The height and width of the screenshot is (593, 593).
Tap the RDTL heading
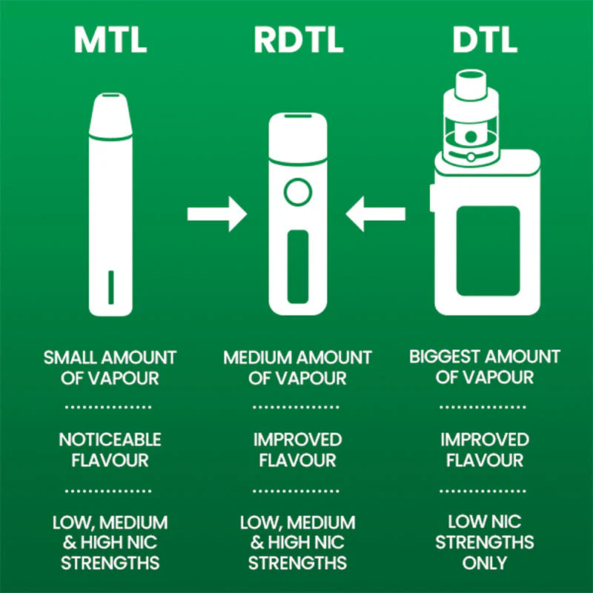(x=298, y=42)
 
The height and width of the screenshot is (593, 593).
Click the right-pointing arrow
(x=216, y=214)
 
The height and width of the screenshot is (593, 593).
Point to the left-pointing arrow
(x=378, y=214)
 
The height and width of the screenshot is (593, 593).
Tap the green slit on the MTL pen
(x=110, y=287)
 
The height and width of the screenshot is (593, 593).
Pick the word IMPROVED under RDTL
(x=297, y=440)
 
